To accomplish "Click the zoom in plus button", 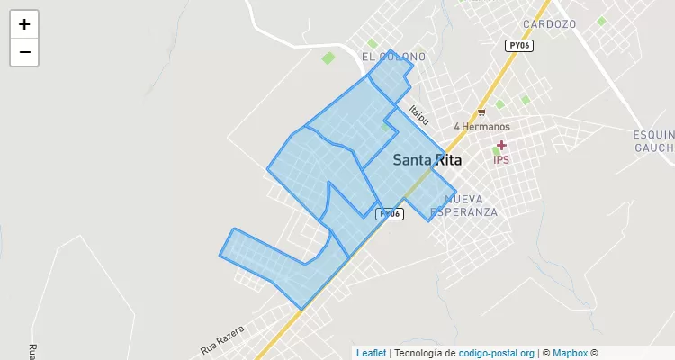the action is pos(24,24).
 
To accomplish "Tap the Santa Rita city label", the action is pos(427,161).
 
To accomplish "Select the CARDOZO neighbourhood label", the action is pos(548,24).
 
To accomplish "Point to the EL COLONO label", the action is pos(393,57).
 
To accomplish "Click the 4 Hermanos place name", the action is pos(481,127).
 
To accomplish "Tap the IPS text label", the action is pos(501,159).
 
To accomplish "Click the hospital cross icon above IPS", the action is pos(501,145).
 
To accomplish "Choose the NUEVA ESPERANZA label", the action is pos(464,205).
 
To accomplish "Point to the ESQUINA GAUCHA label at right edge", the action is pos(653,139).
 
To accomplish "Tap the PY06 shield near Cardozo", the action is pos(518,45).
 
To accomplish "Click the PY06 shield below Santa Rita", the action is pos(389,213).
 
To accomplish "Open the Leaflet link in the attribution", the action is pos(371,353).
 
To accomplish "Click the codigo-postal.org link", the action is pos(497,353).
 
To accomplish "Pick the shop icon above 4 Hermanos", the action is pos(481,112).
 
